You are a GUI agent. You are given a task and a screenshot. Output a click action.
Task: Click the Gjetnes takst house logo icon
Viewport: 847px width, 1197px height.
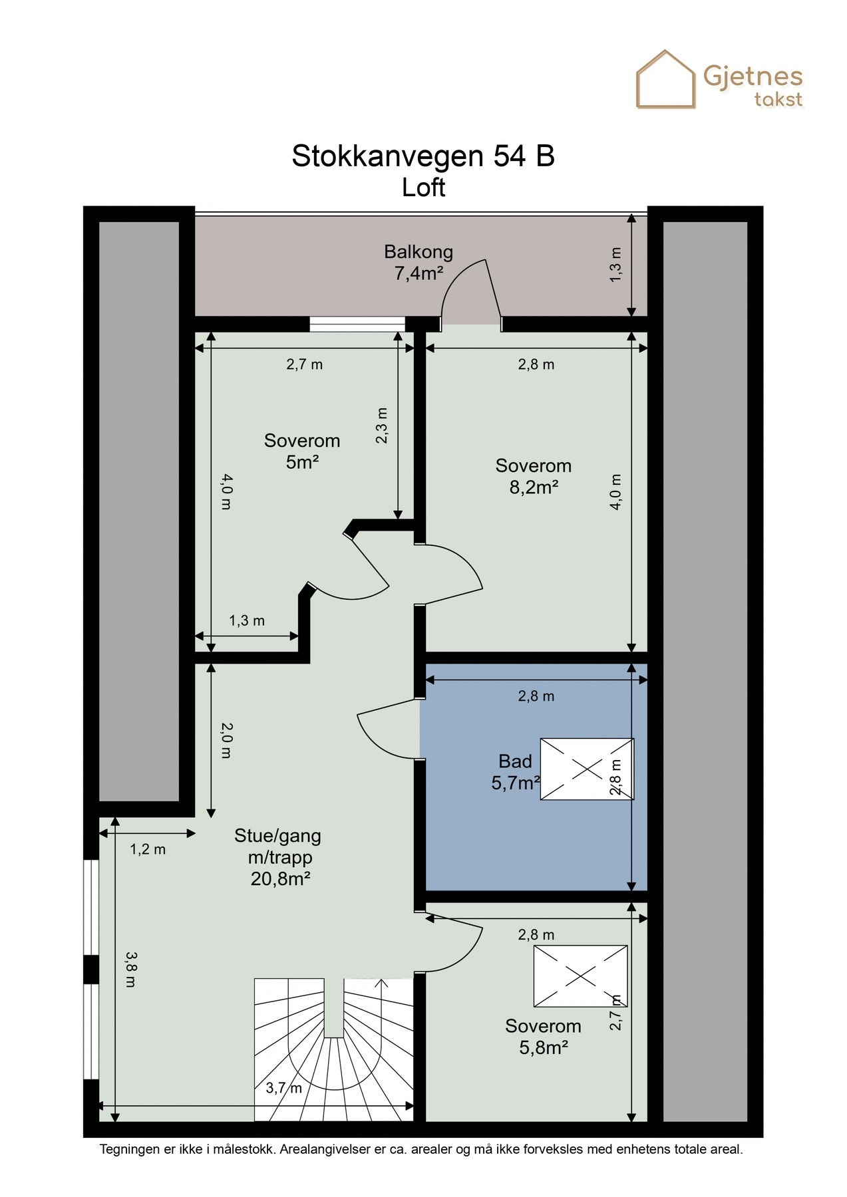tap(666, 79)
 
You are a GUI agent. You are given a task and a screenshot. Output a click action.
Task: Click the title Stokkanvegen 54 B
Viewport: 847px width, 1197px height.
tap(423, 156)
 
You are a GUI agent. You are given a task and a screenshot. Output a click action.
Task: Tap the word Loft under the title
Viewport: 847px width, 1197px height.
tap(423, 188)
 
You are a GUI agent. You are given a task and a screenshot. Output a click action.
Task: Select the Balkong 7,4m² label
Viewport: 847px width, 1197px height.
tap(419, 263)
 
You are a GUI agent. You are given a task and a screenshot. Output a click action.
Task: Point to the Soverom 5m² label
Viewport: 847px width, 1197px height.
tap(302, 451)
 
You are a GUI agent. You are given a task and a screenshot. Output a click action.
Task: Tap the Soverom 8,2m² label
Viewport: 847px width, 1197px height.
tap(533, 476)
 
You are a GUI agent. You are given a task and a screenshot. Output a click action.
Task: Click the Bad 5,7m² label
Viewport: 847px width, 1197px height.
tap(515, 772)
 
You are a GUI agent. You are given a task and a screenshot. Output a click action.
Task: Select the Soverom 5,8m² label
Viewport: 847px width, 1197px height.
tap(543, 1037)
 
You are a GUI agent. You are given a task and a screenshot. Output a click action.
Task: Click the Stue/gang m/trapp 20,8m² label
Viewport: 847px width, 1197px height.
tap(279, 857)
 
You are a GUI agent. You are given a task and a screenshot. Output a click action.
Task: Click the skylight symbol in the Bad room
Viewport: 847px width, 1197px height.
tap(587, 769)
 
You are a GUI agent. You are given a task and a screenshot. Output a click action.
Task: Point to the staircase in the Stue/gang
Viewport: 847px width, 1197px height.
tap(334, 1049)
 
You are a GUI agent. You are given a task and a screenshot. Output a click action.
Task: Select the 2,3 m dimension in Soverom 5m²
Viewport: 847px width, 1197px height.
tap(381, 426)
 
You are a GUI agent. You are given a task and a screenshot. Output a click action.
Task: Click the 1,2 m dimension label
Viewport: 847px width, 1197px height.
tap(148, 849)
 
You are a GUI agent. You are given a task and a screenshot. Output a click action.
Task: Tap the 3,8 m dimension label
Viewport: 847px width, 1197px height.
tap(130, 968)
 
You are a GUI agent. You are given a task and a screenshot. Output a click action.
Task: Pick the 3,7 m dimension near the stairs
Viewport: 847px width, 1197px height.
tap(284, 1088)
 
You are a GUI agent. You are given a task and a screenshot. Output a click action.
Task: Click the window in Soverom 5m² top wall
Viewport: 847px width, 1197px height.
tap(357, 324)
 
